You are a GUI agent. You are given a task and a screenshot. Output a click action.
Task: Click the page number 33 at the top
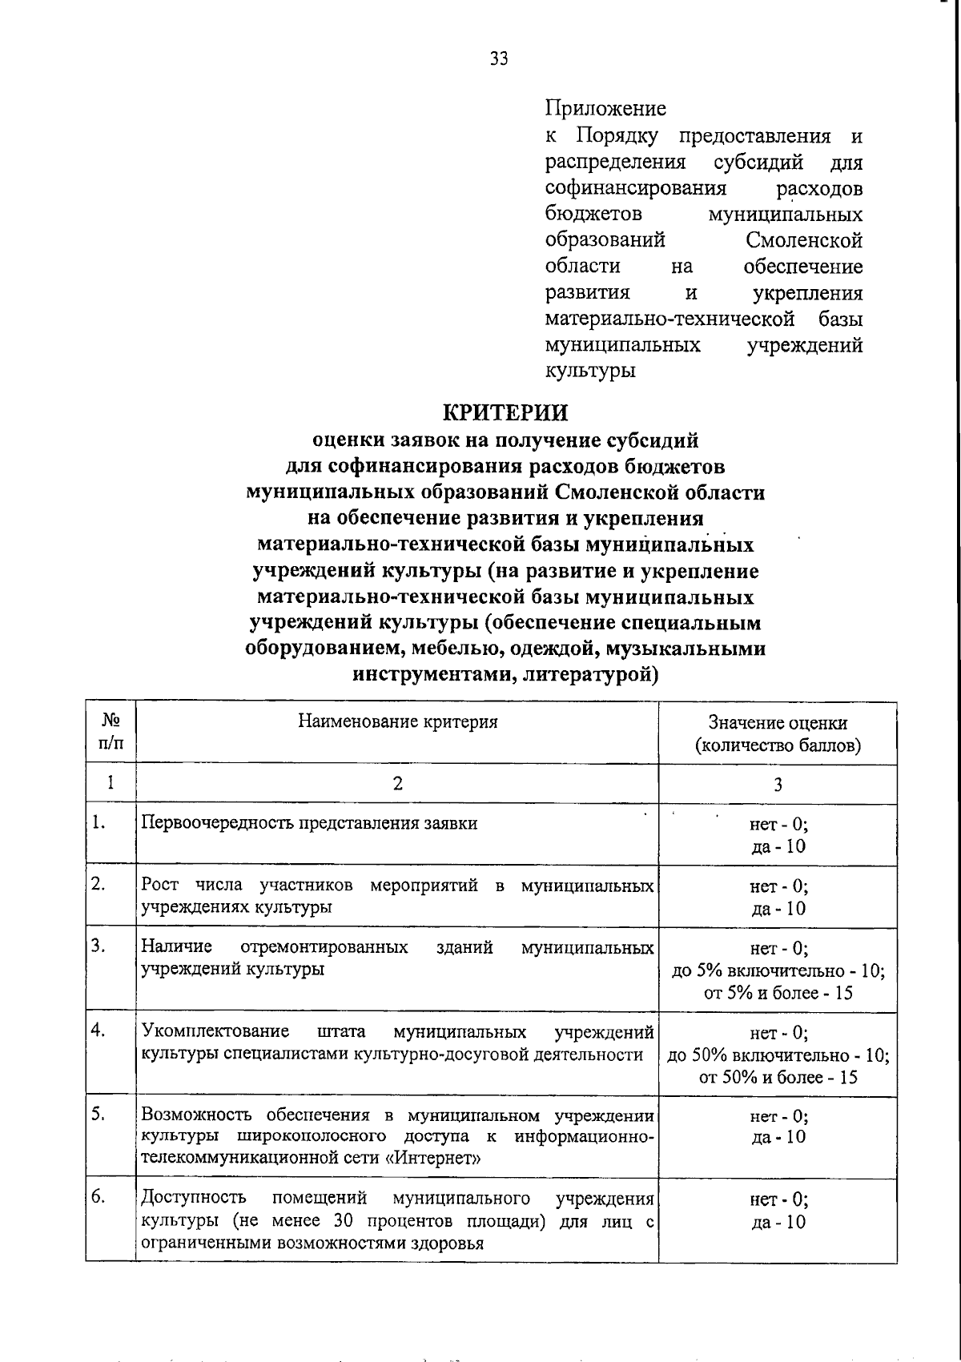tap(498, 58)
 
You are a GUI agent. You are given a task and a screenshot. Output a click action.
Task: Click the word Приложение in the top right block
tap(605, 108)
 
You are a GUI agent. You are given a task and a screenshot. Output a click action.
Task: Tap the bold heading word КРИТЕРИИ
tap(505, 413)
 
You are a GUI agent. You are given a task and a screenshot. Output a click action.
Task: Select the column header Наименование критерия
tap(398, 721)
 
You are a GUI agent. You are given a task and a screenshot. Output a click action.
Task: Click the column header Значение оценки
tap(778, 723)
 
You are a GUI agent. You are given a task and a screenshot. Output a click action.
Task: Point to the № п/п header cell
tap(111, 732)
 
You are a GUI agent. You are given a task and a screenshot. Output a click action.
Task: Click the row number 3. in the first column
tap(99, 946)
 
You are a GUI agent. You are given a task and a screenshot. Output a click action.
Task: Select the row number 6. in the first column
tap(99, 1197)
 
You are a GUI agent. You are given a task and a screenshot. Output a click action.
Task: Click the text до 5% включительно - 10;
tap(778, 970)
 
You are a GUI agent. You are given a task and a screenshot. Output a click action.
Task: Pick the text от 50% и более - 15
tap(778, 1077)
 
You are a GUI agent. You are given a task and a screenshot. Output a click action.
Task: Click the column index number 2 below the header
tap(397, 783)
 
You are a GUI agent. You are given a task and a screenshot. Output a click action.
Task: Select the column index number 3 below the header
tap(778, 785)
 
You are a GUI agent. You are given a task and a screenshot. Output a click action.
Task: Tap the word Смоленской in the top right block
tap(803, 240)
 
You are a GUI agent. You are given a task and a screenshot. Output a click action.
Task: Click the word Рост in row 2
tap(159, 886)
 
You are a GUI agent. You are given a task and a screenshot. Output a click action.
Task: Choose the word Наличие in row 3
tap(176, 947)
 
